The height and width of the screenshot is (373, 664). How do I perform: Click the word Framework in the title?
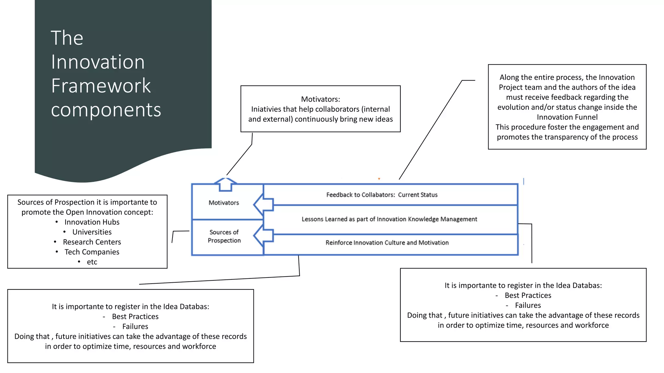tap(101, 86)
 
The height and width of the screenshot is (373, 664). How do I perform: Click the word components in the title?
tap(106, 110)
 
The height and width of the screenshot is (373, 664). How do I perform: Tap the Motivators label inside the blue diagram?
tap(224, 203)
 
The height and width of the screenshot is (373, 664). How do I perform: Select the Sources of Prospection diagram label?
tap(224, 236)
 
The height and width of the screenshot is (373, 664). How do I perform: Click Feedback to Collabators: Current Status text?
tap(382, 195)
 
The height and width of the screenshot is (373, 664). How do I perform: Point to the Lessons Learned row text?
tap(389, 219)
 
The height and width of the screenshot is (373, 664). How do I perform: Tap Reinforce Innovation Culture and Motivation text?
tap(387, 243)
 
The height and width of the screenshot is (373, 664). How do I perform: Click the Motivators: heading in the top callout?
tap(320, 99)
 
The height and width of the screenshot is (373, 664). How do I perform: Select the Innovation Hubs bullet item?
tap(92, 222)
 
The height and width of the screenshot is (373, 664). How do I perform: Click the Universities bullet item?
tap(92, 232)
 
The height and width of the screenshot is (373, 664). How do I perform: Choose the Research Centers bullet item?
tap(92, 242)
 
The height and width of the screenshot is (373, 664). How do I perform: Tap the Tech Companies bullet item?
tap(92, 252)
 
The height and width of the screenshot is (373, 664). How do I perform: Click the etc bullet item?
tap(92, 262)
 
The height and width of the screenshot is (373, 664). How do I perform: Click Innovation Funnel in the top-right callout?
tap(567, 117)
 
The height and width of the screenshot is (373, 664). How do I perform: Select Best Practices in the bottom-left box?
tap(135, 316)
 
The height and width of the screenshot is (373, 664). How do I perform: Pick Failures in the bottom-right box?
tap(528, 305)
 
